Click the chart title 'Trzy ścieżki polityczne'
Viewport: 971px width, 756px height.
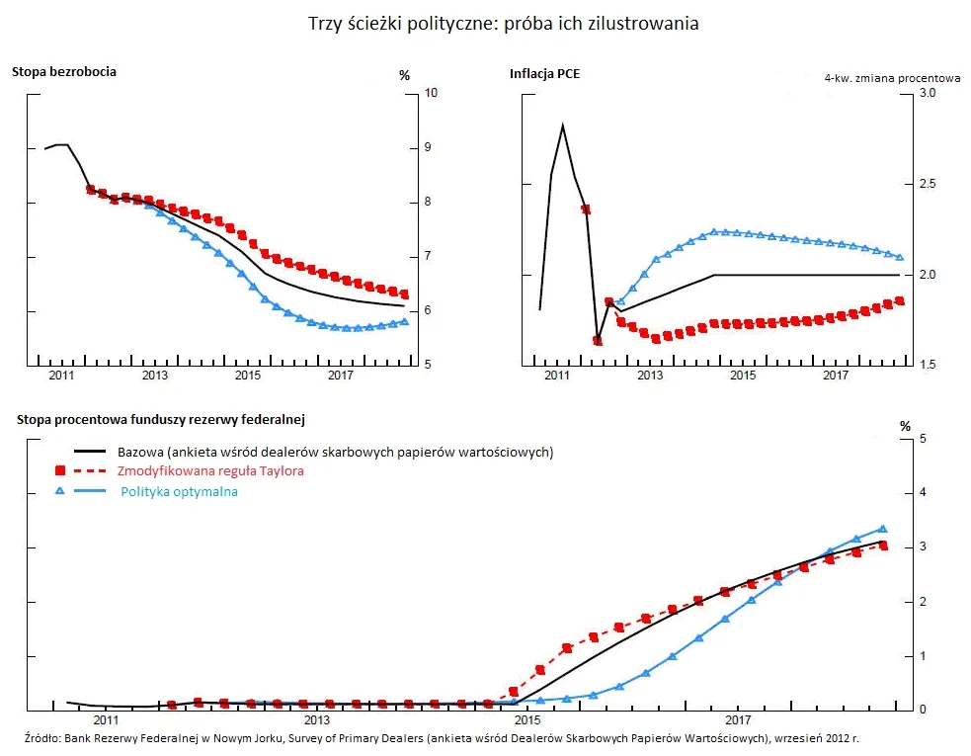point(504,23)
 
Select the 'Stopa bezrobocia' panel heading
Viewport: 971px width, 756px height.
point(64,71)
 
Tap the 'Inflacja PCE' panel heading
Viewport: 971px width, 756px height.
point(544,72)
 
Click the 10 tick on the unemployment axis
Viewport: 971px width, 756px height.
point(431,93)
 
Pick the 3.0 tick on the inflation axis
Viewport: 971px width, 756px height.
point(928,93)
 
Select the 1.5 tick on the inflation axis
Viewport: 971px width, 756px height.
point(928,366)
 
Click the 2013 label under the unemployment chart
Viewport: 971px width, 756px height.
point(154,376)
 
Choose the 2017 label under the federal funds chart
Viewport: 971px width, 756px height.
point(738,720)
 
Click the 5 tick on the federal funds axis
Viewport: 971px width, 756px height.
point(921,438)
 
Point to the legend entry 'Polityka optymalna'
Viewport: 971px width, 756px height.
point(179,491)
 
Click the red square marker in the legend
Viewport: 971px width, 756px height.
point(61,471)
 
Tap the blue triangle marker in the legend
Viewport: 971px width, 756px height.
point(61,491)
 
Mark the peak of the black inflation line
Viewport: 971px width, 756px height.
point(562,126)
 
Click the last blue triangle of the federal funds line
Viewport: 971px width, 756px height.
point(883,529)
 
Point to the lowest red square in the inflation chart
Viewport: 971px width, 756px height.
point(598,341)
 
